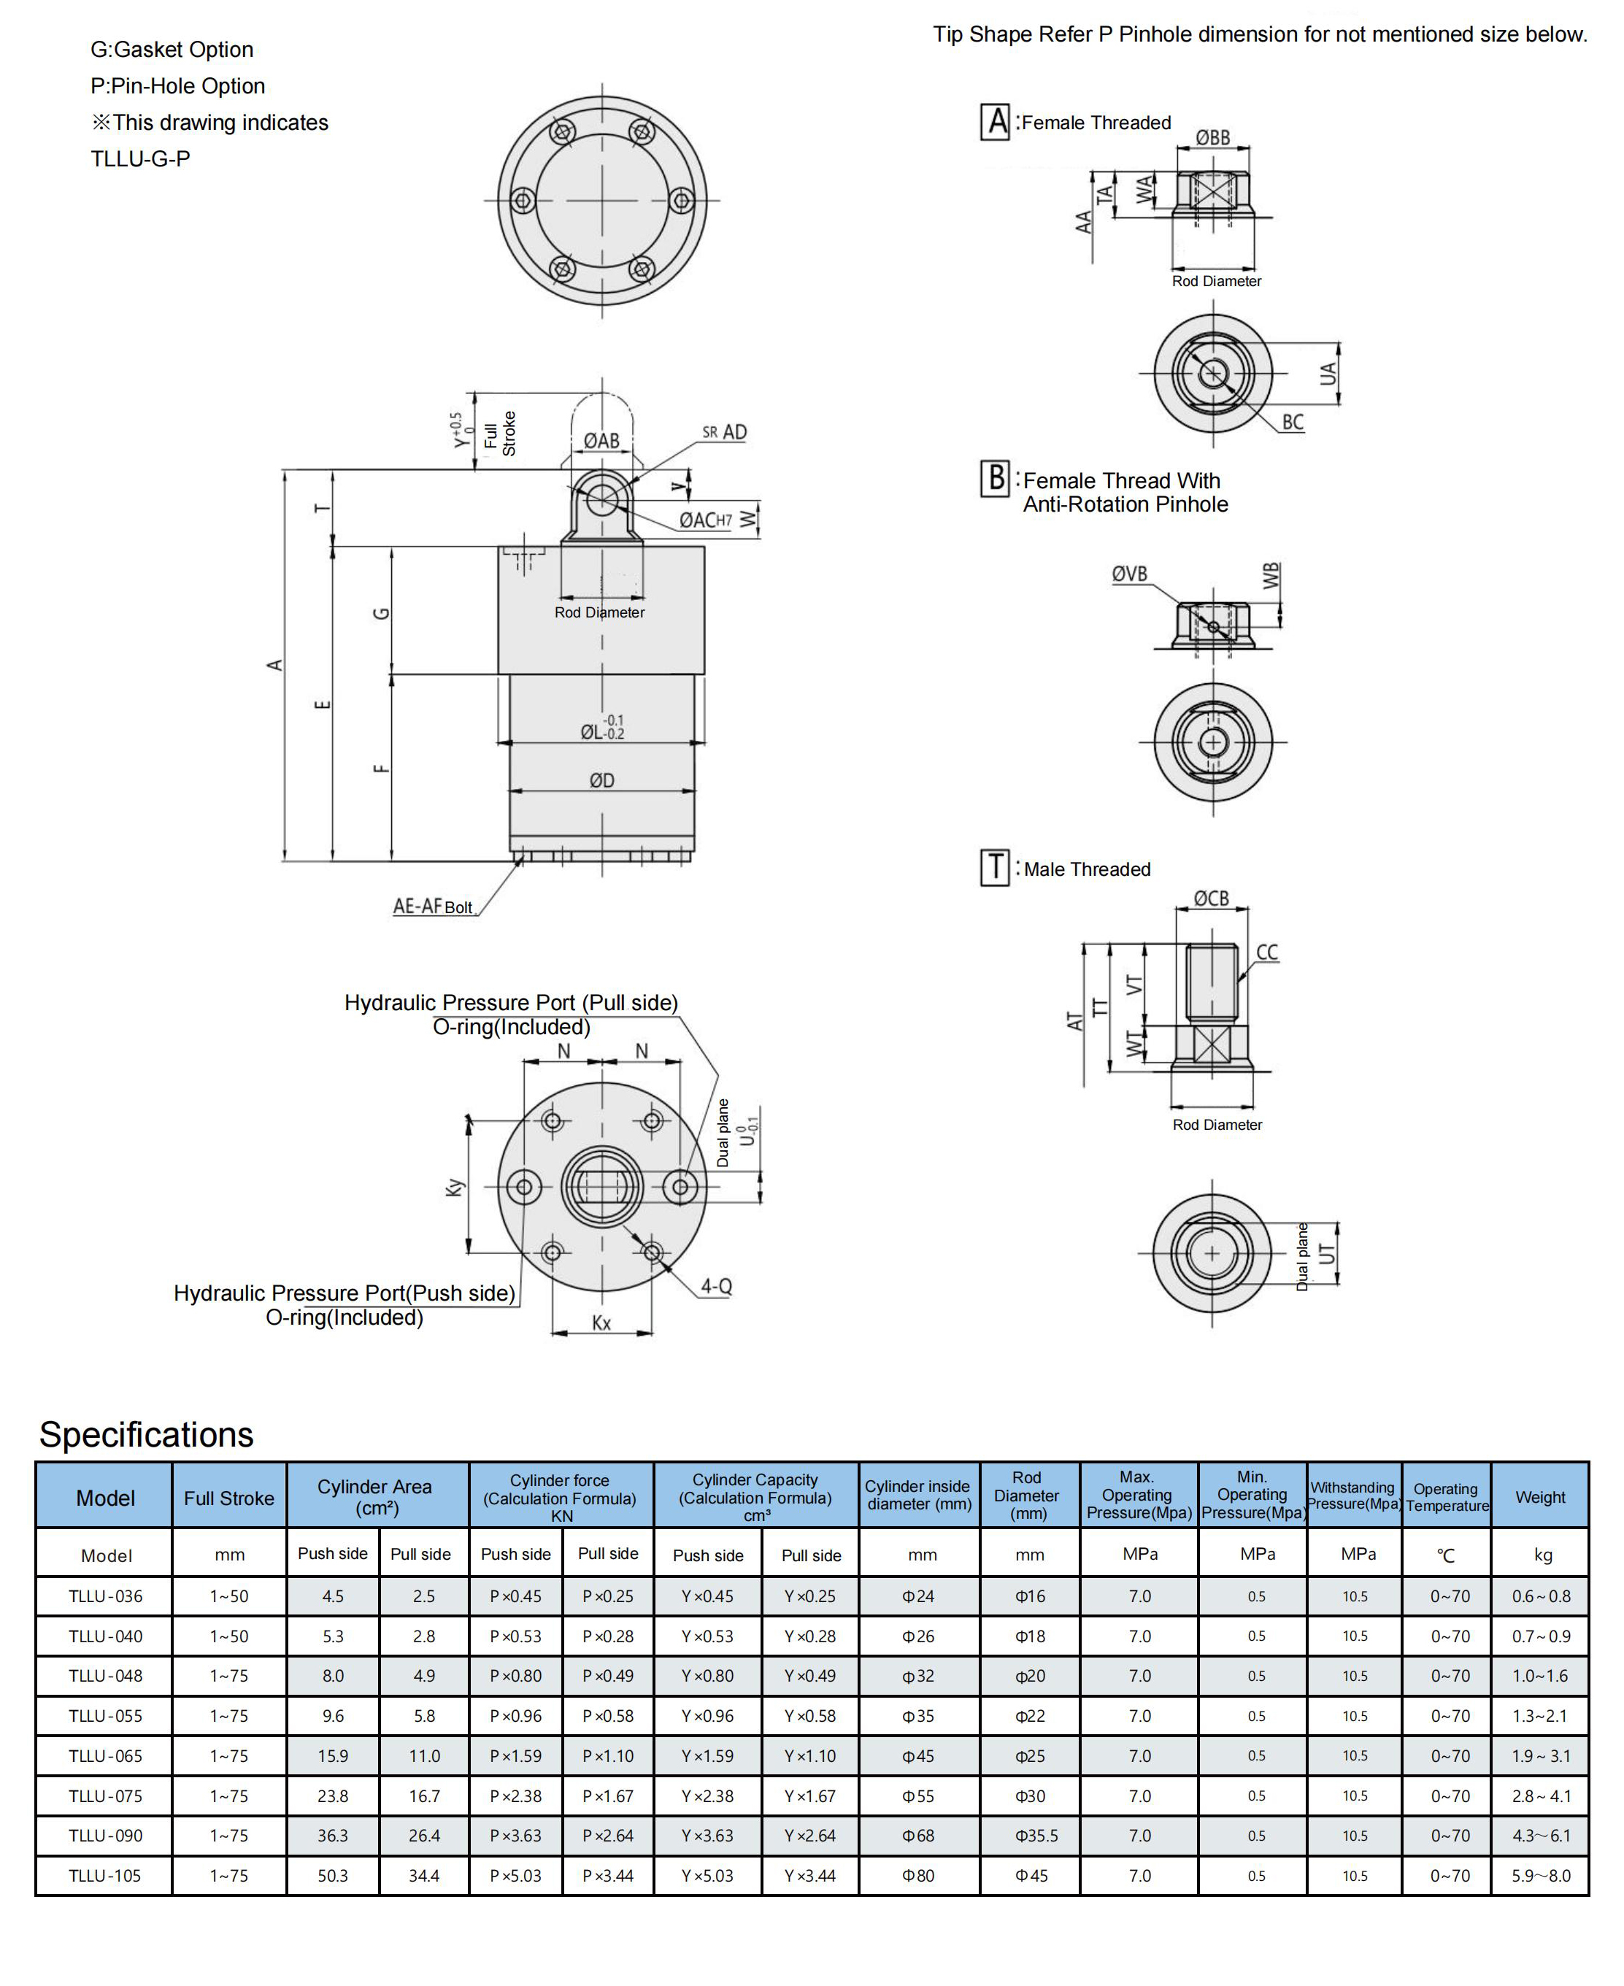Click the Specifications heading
tap(146, 1434)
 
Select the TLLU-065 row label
tap(105, 1756)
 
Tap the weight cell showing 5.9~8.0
tap(1541, 1876)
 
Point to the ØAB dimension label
tap(601, 441)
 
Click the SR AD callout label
tap(725, 432)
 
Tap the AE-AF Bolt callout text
tap(432, 906)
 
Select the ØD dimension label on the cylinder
tap(601, 780)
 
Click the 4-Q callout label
tap(717, 1286)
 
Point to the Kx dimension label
tap(601, 1323)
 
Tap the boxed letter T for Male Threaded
tap(994, 867)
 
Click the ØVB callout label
tap(1129, 574)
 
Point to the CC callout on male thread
tap(1266, 952)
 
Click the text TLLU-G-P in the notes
tap(140, 159)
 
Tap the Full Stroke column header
tap(229, 1498)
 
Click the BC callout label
tap(1293, 422)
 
